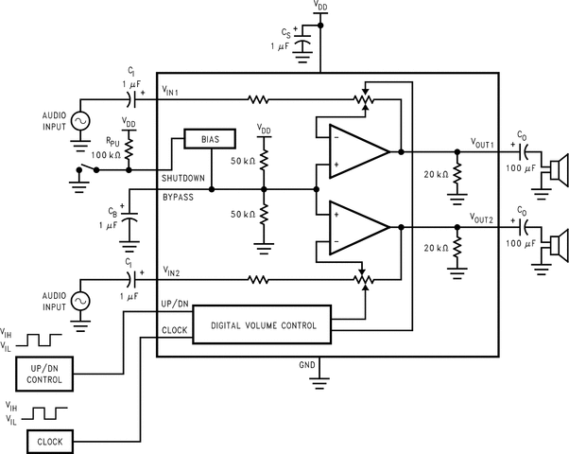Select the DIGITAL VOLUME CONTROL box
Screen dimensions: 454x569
pos(264,325)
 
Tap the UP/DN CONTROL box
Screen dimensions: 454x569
pos(45,375)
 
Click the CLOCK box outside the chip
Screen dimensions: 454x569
pos(49,441)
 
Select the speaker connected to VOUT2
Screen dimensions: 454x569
pos(557,248)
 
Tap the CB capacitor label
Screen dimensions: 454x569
pos(113,212)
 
